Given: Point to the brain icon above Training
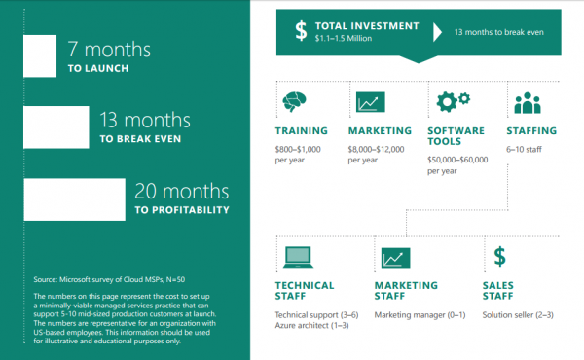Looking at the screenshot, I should (x=293, y=102).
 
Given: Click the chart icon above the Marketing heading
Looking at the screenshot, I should (x=368, y=102).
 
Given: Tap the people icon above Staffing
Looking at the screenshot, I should (x=527, y=102).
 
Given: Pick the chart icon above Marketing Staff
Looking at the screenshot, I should (x=393, y=258).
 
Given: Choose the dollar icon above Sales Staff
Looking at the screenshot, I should (x=499, y=257).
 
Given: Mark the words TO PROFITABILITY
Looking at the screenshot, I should (x=183, y=209).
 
